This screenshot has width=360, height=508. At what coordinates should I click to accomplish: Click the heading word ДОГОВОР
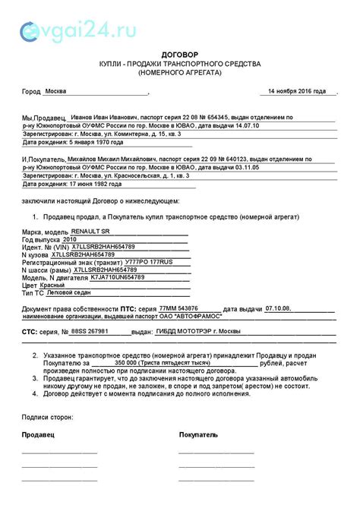coord(179,55)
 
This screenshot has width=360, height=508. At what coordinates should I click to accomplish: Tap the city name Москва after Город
coord(55,91)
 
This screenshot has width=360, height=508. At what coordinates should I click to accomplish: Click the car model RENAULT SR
coord(90,231)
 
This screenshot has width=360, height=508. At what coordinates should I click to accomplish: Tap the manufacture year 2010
coord(70,238)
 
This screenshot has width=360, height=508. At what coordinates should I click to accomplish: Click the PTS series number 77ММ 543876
coord(179,308)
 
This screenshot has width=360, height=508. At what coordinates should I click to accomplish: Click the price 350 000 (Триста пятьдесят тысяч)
coord(158,362)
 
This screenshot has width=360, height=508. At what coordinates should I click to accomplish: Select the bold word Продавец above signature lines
coord(37,434)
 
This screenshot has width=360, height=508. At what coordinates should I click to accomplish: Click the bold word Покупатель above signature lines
coord(198,434)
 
